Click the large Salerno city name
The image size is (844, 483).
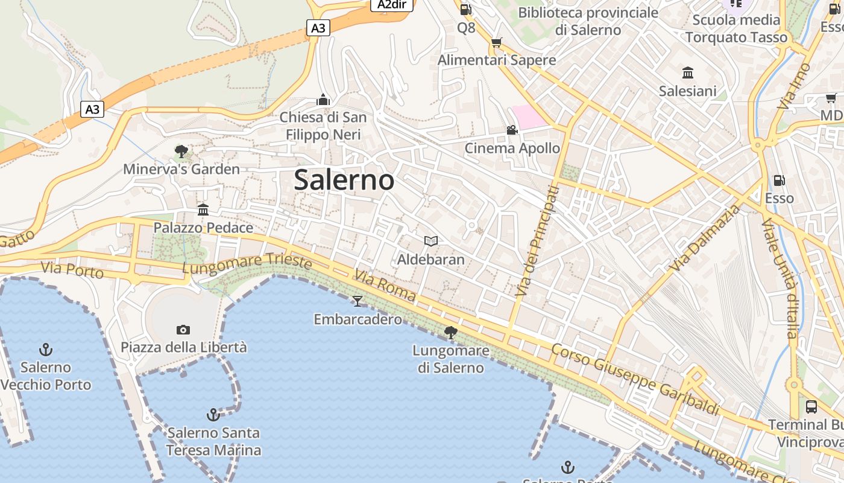click(x=344, y=180)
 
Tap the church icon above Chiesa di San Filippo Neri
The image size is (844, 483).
click(x=323, y=99)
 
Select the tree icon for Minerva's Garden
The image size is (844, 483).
click(x=181, y=151)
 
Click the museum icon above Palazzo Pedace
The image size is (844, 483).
click(x=203, y=210)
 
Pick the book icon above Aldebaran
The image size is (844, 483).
click(x=430, y=241)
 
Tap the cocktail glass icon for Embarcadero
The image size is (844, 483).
click(x=357, y=301)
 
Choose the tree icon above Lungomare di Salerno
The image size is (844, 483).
click(x=450, y=332)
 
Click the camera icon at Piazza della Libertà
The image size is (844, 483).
click(x=183, y=330)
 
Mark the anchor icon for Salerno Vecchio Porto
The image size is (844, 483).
click(x=45, y=350)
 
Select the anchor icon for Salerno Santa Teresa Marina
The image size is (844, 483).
click(x=213, y=415)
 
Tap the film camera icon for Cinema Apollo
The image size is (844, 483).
click(x=512, y=130)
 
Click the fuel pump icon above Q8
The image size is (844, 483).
click(x=465, y=9)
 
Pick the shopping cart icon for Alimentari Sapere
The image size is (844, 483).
click(x=496, y=42)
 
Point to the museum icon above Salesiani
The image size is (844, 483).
click(x=687, y=73)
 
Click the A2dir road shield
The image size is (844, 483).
click(x=391, y=5)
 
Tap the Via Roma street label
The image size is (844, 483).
click(x=385, y=286)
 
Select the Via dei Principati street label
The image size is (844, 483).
click(x=536, y=241)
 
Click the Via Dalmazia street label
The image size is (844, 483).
click(x=705, y=238)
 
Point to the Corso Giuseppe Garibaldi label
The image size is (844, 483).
click(x=636, y=379)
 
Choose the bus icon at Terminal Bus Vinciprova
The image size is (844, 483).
click(x=811, y=407)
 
